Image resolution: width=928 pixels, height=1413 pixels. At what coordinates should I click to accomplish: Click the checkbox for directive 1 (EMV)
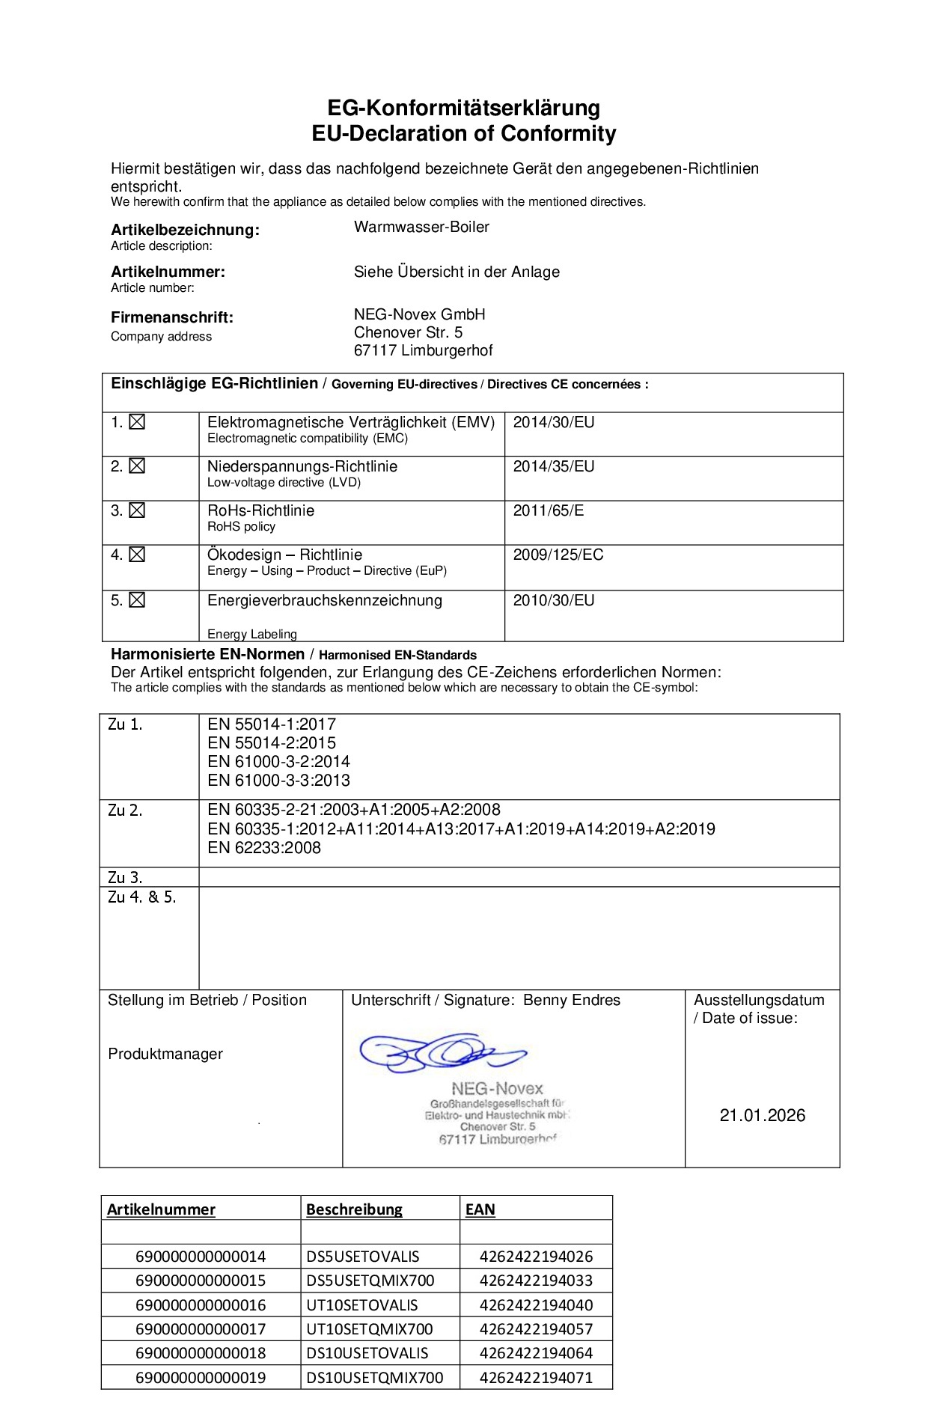pos(136,422)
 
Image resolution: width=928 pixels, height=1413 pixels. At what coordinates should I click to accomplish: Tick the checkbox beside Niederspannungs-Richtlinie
pos(136,466)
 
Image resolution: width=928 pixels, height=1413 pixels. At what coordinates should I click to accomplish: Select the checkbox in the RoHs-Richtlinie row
pos(136,510)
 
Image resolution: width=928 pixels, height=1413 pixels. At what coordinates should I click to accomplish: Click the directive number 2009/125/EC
pos(558,555)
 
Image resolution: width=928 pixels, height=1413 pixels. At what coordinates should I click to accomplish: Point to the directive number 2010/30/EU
pos(553,600)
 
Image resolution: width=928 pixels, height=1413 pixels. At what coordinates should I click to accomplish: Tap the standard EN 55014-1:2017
pos(272,724)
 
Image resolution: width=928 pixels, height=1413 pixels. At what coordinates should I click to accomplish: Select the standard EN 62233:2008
pos(264,847)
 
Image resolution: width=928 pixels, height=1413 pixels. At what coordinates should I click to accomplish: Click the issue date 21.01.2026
pos(763,1115)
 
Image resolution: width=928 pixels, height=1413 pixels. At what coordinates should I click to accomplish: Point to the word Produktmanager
pos(165,1054)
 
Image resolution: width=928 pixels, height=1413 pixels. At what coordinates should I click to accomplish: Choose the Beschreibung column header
pos(354,1209)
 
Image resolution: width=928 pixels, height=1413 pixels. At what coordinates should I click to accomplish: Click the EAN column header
pos(480,1209)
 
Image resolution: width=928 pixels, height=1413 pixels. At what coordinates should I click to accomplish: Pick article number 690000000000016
pos(201,1304)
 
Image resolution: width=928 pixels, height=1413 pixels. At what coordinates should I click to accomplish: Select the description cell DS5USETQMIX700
pos(370,1281)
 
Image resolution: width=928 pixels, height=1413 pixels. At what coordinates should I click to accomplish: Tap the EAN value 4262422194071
pos(536,1377)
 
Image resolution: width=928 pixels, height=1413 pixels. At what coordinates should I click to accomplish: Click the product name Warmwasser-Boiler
pos(421,227)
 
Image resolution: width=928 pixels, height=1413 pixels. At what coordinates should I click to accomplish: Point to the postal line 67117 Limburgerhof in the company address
pos(423,350)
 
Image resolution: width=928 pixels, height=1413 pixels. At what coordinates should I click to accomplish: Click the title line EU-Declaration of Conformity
pos(464,134)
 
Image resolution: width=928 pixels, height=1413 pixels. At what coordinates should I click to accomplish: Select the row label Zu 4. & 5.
pos(142,897)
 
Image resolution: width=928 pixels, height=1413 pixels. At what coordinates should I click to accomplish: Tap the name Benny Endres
pos(572,1000)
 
